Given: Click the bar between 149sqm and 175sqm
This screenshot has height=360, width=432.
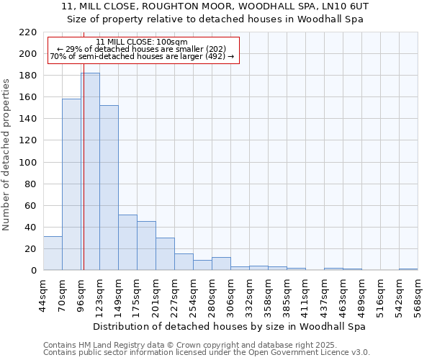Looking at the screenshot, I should tap(127, 242).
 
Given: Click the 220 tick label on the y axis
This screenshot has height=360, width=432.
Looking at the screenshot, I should tap(28, 32).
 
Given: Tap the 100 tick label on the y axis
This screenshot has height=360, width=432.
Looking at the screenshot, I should tap(28, 163).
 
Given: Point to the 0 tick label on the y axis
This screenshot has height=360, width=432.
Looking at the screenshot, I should tap(33, 271).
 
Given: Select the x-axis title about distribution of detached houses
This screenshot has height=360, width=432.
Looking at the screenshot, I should tap(230, 326).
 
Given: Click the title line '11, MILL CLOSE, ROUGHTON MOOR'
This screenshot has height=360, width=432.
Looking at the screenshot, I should tap(216, 6).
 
